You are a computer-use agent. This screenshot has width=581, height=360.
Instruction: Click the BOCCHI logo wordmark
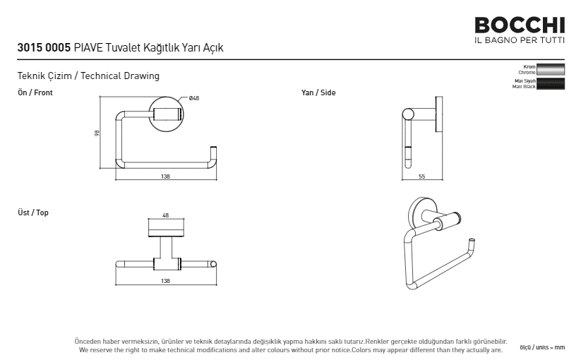click(x=520, y=25)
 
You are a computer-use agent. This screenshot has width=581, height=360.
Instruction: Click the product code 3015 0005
click(x=44, y=48)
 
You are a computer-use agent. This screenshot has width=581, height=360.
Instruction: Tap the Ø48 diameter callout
click(x=194, y=98)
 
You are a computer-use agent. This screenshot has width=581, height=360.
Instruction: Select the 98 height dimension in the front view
click(x=97, y=133)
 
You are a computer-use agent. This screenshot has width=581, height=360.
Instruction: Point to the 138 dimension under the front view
click(x=165, y=176)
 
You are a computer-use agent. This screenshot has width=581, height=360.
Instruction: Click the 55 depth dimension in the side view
click(x=421, y=176)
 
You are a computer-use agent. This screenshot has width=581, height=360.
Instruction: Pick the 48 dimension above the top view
click(x=166, y=215)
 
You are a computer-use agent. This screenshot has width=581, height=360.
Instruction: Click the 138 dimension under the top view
click(x=165, y=281)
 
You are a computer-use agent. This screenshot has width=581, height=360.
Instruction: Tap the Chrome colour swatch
click(x=551, y=70)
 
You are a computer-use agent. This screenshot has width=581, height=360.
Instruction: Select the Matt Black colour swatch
click(x=551, y=83)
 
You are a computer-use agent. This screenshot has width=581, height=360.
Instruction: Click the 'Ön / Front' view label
click(x=35, y=92)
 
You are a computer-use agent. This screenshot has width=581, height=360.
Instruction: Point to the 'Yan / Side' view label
click(x=318, y=92)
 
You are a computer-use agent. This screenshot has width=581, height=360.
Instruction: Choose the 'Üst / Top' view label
click(x=33, y=212)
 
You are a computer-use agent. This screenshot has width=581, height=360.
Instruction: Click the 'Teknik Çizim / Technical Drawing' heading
click(x=88, y=76)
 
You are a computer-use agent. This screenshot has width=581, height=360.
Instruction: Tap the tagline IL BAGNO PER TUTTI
click(x=520, y=40)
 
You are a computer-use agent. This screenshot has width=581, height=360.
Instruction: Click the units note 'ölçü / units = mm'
click(x=542, y=347)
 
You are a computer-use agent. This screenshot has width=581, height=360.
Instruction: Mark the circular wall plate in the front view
click(x=166, y=114)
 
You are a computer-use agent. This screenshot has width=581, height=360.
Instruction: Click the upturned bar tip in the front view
click(x=213, y=148)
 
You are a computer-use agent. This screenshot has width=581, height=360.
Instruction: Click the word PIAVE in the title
click(x=88, y=48)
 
